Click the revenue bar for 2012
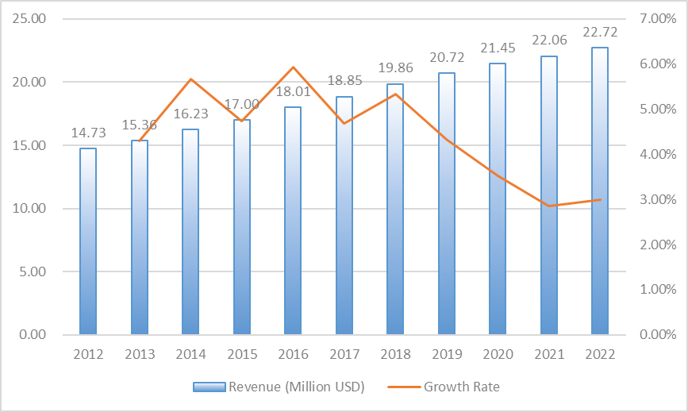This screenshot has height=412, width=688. coord(88,241)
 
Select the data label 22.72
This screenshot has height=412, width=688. coord(600,33)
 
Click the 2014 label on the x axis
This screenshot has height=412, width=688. coord(190,354)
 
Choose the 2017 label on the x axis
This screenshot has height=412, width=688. coord(344,354)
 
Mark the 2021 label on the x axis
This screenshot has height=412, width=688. coord(548,354)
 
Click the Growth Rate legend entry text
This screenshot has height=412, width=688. coord(462,387)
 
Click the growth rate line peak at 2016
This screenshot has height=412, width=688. coord(293,67)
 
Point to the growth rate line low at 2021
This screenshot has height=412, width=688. coord(548,206)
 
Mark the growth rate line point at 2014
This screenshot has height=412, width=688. coord(190,79)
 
